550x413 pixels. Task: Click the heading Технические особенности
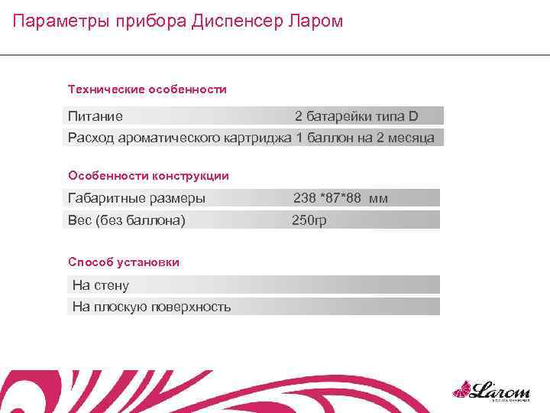pos(147,89)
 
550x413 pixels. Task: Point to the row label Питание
pos(95,116)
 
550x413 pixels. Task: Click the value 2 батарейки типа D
pos(357,116)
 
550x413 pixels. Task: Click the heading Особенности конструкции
pos(148,176)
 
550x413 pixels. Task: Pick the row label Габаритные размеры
pos(136,198)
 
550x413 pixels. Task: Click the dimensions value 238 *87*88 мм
pos(341,198)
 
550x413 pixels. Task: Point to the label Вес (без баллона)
pos(126,220)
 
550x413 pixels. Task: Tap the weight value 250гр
pos(309,220)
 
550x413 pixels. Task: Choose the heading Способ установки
pos(124,262)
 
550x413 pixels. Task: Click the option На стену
pos(100,285)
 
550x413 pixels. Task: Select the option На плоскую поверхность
pos(151,307)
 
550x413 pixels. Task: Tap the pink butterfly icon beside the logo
pos(461,390)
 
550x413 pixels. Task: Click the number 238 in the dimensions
pos(305,198)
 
